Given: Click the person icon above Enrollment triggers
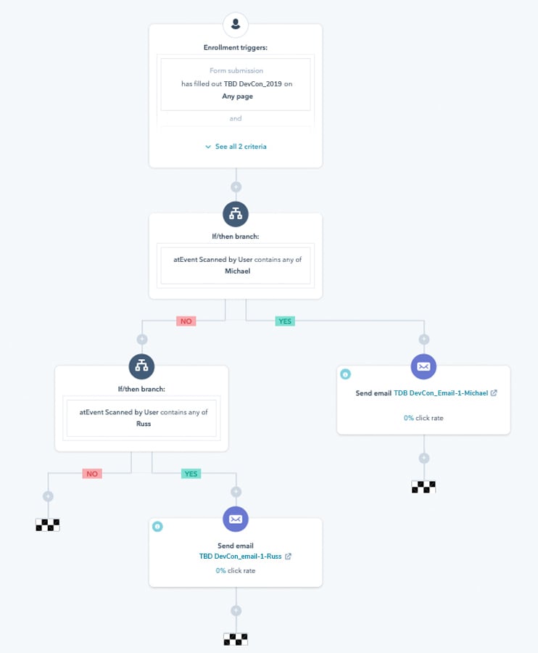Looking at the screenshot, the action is click(x=236, y=24).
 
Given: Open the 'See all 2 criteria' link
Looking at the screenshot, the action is click(x=236, y=147).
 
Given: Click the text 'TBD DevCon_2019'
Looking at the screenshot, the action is click(x=252, y=83).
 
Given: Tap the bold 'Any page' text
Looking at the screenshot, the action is click(x=238, y=96).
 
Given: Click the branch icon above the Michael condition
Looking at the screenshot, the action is click(x=236, y=214).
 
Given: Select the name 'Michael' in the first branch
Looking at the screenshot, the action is click(x=238, y=271).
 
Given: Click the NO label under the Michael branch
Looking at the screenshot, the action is click(x=186, y=321).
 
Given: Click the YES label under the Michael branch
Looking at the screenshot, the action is click(x=285, y=321).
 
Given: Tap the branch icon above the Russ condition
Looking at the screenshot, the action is click(x=141, y=366).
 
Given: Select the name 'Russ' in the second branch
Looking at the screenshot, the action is click(x=144, y=424).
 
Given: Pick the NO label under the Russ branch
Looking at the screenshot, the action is click(x=92, y=474).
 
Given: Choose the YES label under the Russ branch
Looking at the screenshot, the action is click(x=191, y=474).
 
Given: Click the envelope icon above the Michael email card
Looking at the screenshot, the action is click(x=423, y=366).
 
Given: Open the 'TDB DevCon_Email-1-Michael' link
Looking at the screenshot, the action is click(x=441, y=393).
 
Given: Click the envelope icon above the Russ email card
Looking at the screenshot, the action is click(x=236, y=519).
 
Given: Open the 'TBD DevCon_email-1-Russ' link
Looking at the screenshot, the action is click(x=241, y=557).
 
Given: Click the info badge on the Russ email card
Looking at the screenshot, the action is click(x=157, y=527).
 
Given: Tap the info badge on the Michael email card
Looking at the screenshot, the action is click(x=345, y=374).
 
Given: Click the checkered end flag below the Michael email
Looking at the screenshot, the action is click(x=423, y=487).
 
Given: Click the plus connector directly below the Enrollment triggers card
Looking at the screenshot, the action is click(x=236, y=187).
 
